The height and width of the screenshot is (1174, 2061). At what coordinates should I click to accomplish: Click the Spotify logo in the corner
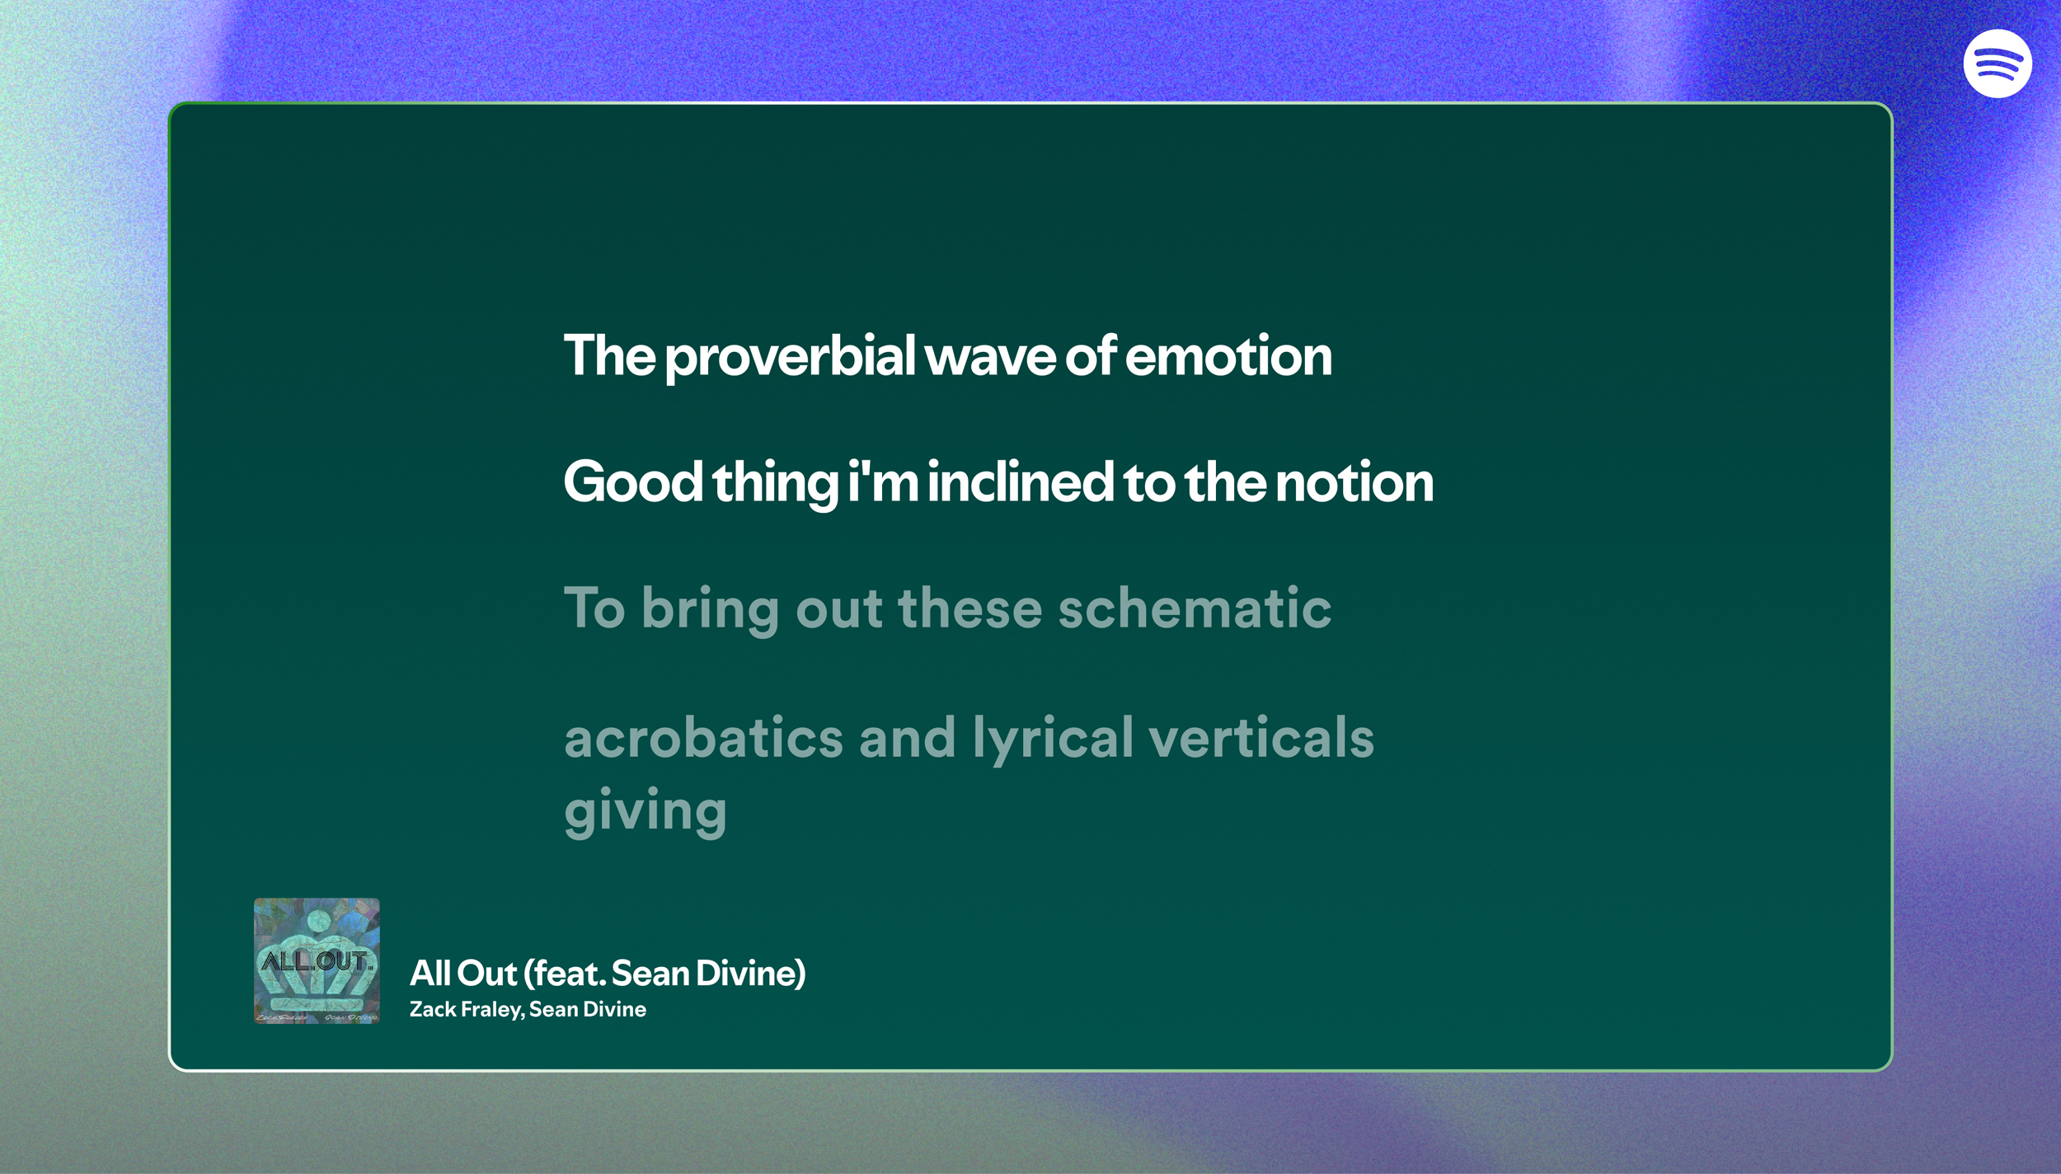click(x=1997, y=63)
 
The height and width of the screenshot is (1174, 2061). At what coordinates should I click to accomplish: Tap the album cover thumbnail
click(x=317, y=960)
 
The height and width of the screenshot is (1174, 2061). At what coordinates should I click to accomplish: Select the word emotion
click(x=1228, y=357)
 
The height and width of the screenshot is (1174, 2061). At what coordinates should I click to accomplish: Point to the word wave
click(x=989, y=357)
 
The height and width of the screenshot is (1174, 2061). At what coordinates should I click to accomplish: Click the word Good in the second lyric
click(x=632, y=482)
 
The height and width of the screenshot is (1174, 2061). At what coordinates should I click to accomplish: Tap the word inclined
click(x=1021, y=482)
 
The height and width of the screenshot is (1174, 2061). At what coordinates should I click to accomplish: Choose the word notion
click(x=1354, y=482)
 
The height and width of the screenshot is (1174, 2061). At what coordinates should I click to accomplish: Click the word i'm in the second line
click(x=883, y=482)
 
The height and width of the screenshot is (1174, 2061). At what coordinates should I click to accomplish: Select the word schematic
click(x=1195, y=608)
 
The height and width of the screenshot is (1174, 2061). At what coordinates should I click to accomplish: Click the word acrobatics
click(x=703, y=737)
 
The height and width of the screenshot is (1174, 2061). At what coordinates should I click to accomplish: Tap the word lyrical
click(x=1053, y=739)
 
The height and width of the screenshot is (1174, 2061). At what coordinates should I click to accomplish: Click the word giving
click(x=646, y=811)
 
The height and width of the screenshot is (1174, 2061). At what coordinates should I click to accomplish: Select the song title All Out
click(x=463, y=974)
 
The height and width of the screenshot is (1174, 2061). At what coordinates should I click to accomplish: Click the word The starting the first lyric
click(x=609, y=357)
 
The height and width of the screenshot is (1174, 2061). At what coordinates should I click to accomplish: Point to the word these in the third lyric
click(x=970, y=608)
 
